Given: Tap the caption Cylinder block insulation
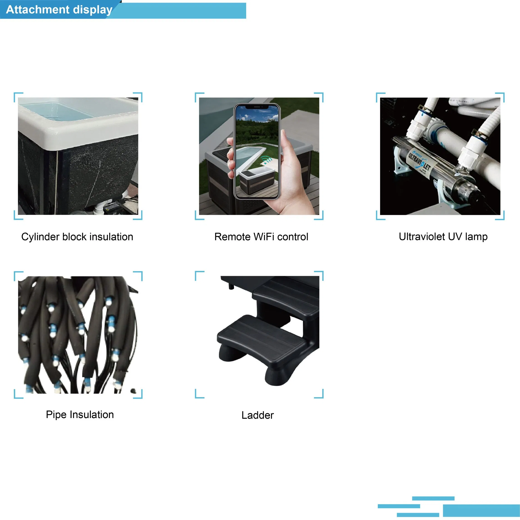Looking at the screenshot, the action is pos(77,237).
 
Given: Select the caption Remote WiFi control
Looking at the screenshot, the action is pos(261,237).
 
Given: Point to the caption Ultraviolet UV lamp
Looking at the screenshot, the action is pos(443,237).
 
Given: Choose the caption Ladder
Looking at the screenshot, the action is pos(258,415).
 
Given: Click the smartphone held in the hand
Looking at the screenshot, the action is pos(257,151).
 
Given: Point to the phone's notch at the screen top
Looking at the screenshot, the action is pos(257,107).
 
